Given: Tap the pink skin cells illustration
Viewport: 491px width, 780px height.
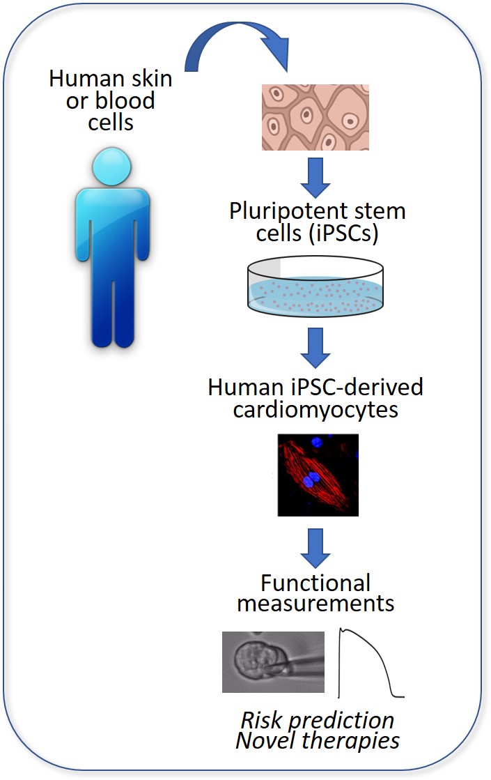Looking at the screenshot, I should (x=315, y=117).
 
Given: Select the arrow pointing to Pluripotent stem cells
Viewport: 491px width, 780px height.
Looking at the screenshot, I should (x=315, y=179).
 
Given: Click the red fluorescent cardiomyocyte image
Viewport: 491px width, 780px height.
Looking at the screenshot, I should (x=318, y=475).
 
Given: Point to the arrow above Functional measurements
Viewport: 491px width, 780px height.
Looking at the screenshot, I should (x=315, y=546).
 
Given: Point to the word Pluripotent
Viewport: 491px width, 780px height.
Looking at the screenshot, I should (x=282, y=211).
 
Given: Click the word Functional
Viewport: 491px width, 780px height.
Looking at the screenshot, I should (x=315, y=581).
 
